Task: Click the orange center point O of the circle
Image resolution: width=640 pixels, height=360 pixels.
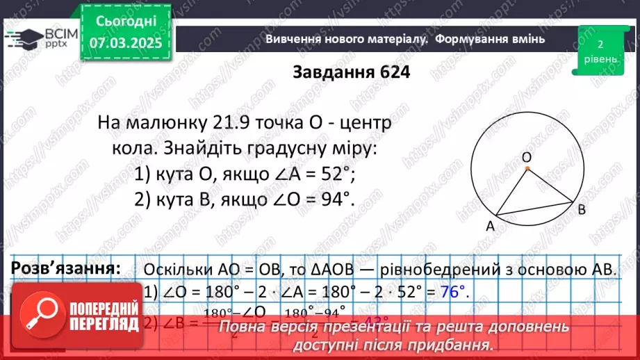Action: click(x=527, y=168)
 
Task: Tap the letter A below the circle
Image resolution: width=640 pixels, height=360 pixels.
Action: click(x=489, y=225)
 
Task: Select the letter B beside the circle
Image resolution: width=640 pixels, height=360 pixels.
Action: click(x=582, y=208)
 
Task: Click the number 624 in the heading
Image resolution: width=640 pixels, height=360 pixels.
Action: click(x=388, y=73)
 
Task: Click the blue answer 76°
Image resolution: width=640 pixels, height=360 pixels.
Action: click(x=454, y=293)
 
